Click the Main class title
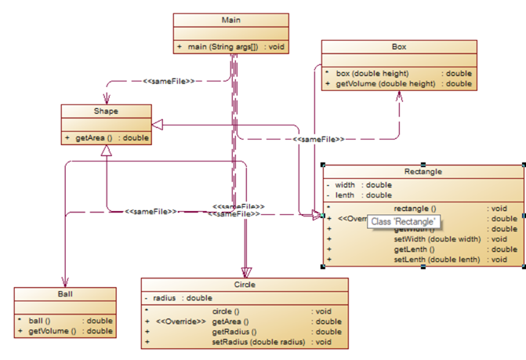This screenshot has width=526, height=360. (x=230, y=20)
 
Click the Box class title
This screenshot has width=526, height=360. (x=399, y=47)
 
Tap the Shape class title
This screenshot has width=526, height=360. (x=105, y=111)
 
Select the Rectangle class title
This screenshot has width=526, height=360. (x=423, y=171)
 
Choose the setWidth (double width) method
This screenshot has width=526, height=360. (x=436, y=239)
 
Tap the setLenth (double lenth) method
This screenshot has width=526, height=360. (x=436, y=260)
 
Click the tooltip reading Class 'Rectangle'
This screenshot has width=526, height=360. (x=403, y=223)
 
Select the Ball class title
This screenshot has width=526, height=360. (x=65, y=293)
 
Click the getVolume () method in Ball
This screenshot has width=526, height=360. (x=52, y=331)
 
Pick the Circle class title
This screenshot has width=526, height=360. (x=245, y=284)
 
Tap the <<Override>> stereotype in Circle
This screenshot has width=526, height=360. (x=181, y=322)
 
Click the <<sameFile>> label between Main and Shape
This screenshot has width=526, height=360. (x=169, y=80)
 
